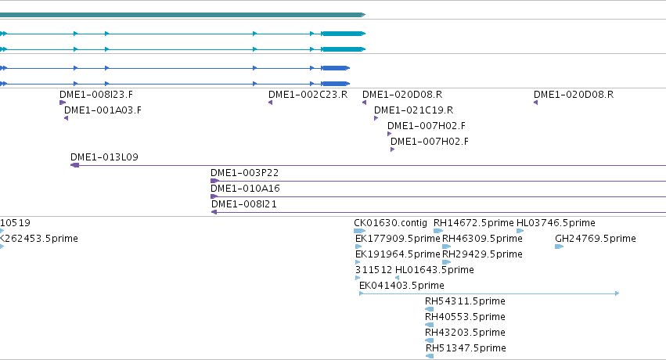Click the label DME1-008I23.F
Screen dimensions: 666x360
[96, 95]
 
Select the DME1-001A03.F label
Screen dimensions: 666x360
[103, 110]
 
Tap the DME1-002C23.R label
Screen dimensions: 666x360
[308, 95]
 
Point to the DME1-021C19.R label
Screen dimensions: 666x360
[414, 110]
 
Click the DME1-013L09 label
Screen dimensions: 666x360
[105, 157]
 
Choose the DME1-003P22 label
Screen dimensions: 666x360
[245, 173]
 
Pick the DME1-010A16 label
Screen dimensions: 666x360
[245, 189]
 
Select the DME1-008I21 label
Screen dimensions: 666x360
[244, 204]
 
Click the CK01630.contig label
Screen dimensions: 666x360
[391, 223]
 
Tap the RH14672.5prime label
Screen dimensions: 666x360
[473, 223]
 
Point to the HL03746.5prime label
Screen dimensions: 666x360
[556, 223]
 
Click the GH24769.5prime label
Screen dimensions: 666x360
[596, 239]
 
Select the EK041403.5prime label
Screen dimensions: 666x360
[401, 286]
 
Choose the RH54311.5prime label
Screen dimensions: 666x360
[465, 301]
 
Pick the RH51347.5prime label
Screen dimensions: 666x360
[466, 348]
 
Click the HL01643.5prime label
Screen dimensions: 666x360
[434, 270]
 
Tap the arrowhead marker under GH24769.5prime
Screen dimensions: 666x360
[560, 247]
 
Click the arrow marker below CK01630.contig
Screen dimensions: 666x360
[359, 231]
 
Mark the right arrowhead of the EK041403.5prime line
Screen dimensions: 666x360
[617, 293]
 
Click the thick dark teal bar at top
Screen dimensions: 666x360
[182, 15]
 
